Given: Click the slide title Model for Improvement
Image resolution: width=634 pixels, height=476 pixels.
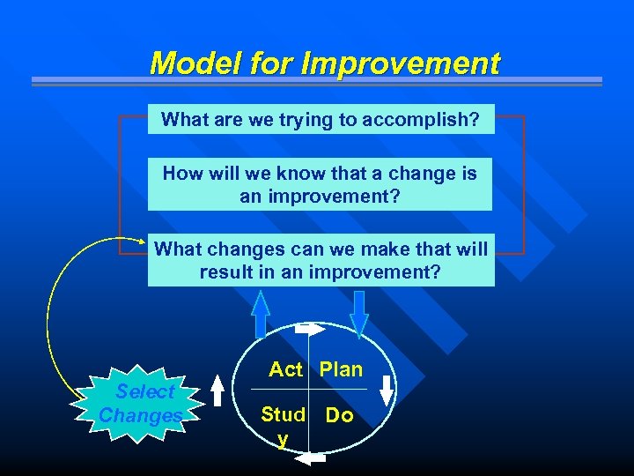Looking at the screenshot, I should [x=324, y=63].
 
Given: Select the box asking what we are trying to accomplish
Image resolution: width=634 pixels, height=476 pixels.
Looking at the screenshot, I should [x=321, y=120].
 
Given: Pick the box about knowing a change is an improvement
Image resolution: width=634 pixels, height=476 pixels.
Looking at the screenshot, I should [x=320, y=184].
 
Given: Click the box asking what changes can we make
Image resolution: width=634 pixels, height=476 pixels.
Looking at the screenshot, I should [x=321, y=260].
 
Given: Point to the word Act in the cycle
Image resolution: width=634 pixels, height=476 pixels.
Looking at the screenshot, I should [x=285, y=370].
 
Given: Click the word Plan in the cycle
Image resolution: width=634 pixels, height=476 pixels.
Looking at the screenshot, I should [x=341, y=370].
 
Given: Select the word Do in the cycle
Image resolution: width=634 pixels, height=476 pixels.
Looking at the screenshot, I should [x=340, y=415].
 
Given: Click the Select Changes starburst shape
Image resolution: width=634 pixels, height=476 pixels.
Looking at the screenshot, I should [x=141, y=404].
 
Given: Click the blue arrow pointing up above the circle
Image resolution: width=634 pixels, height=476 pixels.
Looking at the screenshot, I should [x=261, y=313].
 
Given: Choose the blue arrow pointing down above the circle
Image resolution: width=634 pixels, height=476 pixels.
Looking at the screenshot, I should [x=358, y=313].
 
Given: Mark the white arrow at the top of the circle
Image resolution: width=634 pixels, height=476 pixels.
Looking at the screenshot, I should [x=310, y=329].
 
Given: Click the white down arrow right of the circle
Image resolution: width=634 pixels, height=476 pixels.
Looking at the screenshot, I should [x=387, y=389].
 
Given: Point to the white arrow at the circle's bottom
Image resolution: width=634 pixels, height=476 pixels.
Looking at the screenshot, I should [x=312, y=458].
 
